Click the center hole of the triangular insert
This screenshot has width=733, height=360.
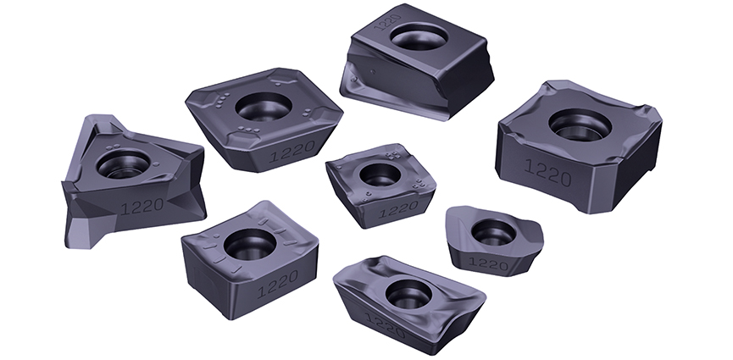click(124, 164)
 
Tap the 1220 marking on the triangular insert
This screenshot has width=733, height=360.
click(142, 206)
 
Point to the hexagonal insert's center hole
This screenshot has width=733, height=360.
click(264, 107)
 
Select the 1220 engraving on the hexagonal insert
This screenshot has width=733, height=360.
click(292, 151)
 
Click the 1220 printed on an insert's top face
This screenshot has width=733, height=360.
click(388, 21)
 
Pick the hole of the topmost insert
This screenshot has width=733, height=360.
click(419, 36)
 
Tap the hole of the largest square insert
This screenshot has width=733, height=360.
click(580, 125)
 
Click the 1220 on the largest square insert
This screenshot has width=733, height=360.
click(548, 173)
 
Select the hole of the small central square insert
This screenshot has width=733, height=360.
click(380, 174)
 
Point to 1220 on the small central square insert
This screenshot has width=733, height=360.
click(398, 209)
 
